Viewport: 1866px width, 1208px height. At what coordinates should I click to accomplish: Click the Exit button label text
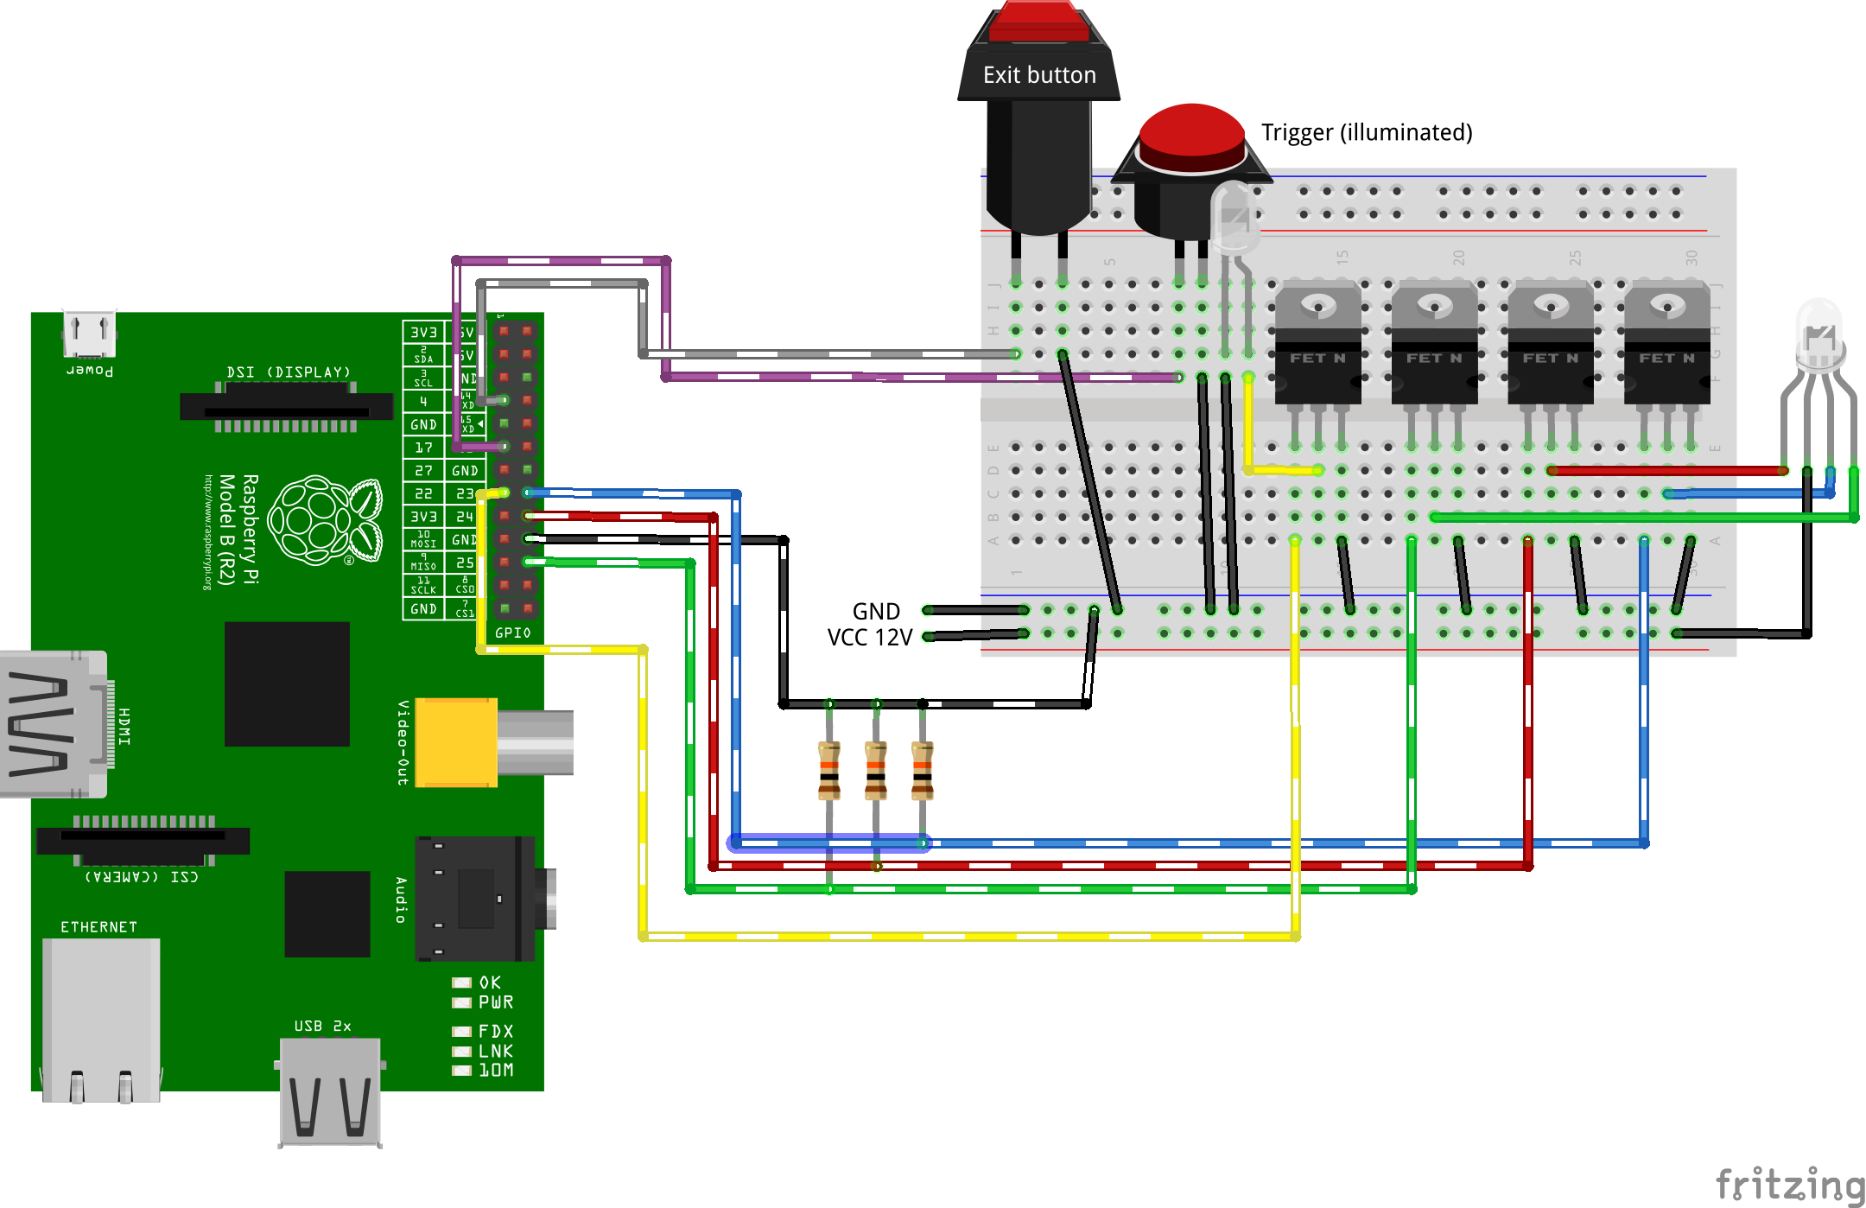(x=1039, y=75)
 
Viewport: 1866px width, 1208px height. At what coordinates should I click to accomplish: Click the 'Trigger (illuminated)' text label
(x=1367, y=132)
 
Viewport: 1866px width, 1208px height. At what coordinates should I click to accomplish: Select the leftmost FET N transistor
(x=1317, y=346)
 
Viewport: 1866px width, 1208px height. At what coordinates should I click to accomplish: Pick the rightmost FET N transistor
(x=1666, y=346)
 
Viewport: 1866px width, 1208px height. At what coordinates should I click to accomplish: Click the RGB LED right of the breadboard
(x=1819, y=337)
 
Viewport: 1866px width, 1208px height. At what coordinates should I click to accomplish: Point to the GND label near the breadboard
(x=876, y=611)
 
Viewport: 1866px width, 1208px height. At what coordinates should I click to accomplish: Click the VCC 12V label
(x=869, y=638)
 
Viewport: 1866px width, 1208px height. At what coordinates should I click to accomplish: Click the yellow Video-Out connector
(x=456, y=742)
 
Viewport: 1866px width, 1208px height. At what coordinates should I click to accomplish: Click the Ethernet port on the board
(x=101, y=1020)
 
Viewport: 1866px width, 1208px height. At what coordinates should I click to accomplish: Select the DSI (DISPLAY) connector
(x=286, y=406)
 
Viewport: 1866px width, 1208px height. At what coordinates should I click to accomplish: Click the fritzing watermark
(x=1788, y=1184)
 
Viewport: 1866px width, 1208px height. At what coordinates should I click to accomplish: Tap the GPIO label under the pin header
(x=512, y=633)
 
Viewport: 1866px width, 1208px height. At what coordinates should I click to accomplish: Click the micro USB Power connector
(x=89, y=334)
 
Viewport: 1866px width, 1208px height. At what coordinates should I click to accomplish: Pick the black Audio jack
(x=475, y=899)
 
